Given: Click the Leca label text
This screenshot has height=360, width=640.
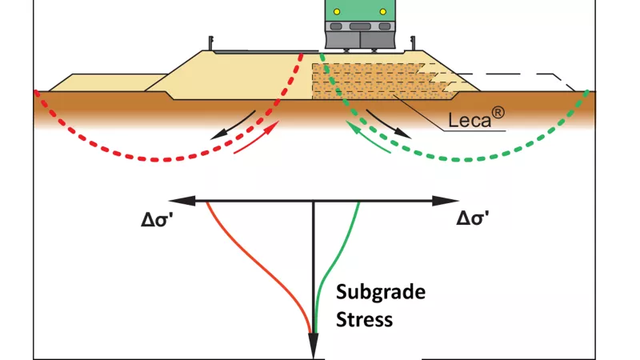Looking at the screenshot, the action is tap(469, 120).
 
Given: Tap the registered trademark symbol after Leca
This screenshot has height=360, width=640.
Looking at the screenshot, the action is tap(498, 113).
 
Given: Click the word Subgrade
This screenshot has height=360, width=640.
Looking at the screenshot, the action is tap(381, 293).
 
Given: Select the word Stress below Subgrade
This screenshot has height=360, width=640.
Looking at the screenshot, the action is tap(364, 319).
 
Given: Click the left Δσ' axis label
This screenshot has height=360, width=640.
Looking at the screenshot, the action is tap(157, 219).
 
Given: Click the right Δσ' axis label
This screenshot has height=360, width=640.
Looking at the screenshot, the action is tap(472, 218).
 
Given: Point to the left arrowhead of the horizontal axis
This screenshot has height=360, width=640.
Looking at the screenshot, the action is tap(182, 201).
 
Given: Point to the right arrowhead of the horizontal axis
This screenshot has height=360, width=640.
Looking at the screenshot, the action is tap(446, 201).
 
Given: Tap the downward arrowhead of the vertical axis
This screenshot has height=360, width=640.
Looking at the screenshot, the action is tap(313, 346).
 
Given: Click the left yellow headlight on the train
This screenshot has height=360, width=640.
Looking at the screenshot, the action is tap(337, 12).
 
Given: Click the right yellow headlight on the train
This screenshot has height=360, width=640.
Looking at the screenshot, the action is tap(383, 12).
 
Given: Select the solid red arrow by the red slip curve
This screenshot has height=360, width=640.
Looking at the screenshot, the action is tap(257, 137).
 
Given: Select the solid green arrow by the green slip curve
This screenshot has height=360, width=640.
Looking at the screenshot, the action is tap(368, 137).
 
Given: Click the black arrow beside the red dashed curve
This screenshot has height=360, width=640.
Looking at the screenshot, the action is tap(233, 125).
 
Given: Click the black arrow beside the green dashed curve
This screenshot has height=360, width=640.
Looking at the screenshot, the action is tap(388, 124).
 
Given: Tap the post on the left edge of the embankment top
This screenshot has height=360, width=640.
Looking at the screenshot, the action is tap(211, 44).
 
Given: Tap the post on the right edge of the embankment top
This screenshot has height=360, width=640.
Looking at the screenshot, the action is tap(413, 44).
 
